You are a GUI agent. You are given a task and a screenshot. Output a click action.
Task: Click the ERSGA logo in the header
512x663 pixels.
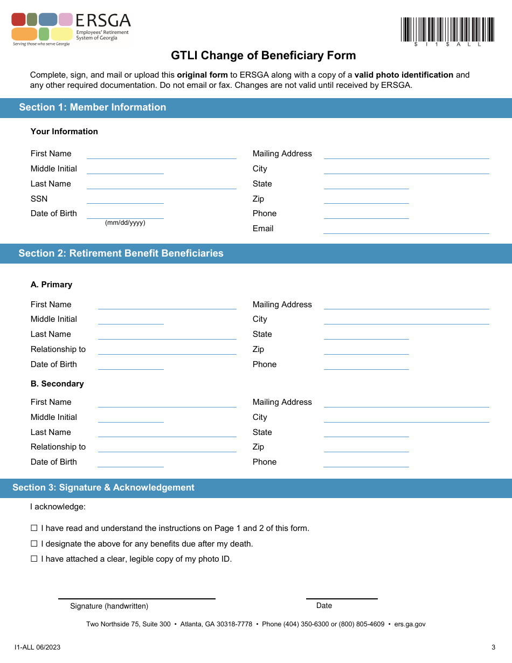[71, 30]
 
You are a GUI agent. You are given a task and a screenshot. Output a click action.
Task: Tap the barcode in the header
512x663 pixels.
[447, 31]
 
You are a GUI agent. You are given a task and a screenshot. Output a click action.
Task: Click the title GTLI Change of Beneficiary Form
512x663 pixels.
[264, 56]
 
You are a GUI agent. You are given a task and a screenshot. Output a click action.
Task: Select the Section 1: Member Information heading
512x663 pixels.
[93, 107]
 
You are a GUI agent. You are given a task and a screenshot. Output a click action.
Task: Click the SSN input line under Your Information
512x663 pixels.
[125, 199]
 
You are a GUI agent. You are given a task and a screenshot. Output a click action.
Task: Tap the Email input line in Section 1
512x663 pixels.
[406, 229]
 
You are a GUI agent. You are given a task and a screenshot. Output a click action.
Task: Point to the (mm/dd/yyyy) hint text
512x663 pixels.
[125, 223]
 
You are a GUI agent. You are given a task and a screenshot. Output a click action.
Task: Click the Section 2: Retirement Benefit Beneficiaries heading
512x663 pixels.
[121, 253]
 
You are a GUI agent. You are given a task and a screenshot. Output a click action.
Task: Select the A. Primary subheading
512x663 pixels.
[51, 285]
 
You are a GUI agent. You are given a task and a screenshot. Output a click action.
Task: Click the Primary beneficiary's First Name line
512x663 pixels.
[167, 305]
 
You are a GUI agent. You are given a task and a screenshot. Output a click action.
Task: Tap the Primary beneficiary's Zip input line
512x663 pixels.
[366, 350]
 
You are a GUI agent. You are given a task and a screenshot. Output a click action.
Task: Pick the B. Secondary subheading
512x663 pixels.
[57, 384]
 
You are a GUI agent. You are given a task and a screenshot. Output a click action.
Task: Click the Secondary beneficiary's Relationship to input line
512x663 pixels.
[167, 448]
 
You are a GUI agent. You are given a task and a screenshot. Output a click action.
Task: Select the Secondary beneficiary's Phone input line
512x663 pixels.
[366, 463]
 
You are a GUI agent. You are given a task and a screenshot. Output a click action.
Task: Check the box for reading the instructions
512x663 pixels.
[34, 528]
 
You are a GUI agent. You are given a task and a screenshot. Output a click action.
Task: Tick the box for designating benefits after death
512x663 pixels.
[34, 544]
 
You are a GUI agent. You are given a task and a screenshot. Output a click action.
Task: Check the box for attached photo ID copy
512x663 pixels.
[34, 559]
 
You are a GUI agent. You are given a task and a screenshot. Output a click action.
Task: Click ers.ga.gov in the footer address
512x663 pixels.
[410, 624]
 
